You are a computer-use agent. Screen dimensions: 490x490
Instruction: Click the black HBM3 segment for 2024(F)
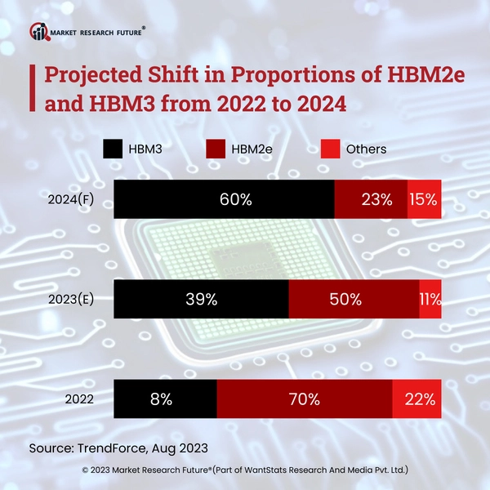224,199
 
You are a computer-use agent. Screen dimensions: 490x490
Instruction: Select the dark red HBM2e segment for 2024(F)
371,199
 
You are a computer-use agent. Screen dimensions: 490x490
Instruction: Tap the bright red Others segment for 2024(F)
425,199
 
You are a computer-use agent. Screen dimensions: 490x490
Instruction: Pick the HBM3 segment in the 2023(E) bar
201,300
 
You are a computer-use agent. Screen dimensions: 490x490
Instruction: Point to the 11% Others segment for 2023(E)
430,300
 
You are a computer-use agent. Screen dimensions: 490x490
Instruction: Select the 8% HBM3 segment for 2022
165,399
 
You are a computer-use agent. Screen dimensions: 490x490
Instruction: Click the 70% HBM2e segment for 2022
304,399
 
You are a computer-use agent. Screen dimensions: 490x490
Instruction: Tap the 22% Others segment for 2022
417,399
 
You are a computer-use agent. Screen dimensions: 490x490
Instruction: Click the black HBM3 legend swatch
113,149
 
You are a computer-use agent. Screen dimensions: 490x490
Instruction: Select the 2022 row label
78,400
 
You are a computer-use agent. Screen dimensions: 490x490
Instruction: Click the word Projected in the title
92,75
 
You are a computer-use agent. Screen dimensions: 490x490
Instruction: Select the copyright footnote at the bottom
245,470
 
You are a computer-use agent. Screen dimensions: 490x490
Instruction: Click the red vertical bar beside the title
31,89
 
